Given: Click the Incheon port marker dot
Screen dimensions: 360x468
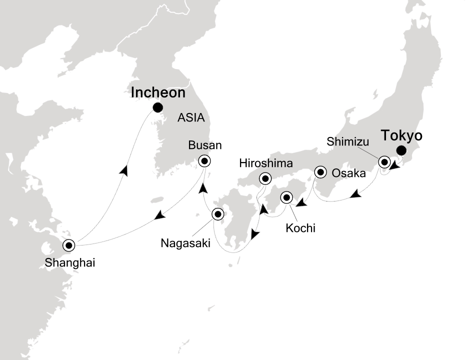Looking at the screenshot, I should pos(158,107).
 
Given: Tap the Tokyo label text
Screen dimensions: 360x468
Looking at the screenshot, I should pos(402,135).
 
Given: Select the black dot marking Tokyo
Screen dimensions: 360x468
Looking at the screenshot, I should pos(400,150).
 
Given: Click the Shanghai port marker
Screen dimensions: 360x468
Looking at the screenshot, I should pos(68,245).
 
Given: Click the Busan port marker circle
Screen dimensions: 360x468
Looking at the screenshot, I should pos(204,161).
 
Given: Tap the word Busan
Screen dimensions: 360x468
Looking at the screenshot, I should pos(204,145).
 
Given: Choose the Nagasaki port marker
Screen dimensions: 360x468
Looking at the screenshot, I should pos(218,214).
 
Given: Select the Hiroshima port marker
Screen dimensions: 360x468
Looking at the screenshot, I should pos(265,178).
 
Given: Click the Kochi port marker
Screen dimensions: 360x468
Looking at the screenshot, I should pos(286,197).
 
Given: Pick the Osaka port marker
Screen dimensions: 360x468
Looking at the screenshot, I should pos(320,172).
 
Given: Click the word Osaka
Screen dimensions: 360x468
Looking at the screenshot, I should pos(348,173).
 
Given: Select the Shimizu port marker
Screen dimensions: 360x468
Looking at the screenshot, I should pos(384,162).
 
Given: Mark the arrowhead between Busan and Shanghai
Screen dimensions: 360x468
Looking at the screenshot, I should pos(160,215).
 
